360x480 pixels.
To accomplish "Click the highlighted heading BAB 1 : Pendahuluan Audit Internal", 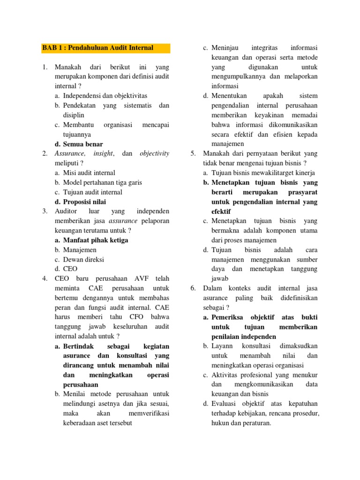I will [97, 48].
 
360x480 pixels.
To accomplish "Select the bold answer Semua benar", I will [83, 144].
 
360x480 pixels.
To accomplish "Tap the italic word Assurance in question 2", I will [70, 154].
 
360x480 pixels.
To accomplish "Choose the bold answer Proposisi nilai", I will [84, 202].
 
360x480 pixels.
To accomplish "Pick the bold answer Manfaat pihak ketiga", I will [96, 240].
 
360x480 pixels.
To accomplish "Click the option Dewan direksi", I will [83, 259].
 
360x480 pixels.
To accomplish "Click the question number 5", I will [193, 154].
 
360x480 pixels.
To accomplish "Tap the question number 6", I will [193, 288].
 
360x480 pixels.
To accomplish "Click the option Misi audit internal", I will [89, 173].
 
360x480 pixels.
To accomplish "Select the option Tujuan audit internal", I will [92, 192].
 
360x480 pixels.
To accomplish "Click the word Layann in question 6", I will [222, 346].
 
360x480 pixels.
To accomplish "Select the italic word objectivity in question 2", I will [154, 154].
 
